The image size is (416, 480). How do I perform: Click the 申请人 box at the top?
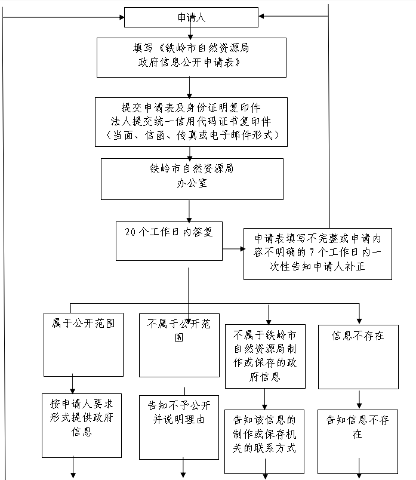pyautogui.click(x=191, y=17)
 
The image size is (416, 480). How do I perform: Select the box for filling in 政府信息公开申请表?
pyautogui.click(x=192, y=57)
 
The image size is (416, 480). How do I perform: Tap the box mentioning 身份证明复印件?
pyautogui.click(x=191, y=122)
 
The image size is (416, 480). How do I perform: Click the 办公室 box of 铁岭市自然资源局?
pyautogui.click(x=192, y=179)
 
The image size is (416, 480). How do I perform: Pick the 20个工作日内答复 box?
pyautogui.click(x=169, y=241)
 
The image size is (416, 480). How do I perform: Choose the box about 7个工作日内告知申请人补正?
pyautogui.click(x=318, y=254)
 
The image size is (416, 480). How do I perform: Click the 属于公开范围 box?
pyautogui.click(x=84, y=344)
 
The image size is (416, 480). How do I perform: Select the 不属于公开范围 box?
pyautogui.click(x=180, y=345)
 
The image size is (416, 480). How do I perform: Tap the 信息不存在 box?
pyautogui.click(x=359, y=357)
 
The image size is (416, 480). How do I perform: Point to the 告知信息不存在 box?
pyautogui.click(x=358, y=442)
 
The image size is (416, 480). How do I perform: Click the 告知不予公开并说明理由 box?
pyautogui.click(x=179, y=427)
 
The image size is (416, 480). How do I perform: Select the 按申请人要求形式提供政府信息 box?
pyautogui.click(x=82, y=426)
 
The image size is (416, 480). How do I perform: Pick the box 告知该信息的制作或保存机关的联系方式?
pyautogui.click(x=264, y=442)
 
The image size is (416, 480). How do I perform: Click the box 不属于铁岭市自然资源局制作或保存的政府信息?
pyautogui.click(x=266, y=356)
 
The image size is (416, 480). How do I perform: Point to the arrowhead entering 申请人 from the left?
pyautogui.click(x=122, y=17)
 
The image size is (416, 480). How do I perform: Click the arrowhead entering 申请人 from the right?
pyautogui.click(x=261, y=16)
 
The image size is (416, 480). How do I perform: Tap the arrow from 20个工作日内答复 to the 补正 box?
pyautogui.click(x=234, y=249)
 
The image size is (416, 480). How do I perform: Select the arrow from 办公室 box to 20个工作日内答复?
pyautogui.click(x=189, y=211)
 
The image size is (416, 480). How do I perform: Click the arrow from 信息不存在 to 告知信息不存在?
pyautogui.click(x=359, y=399)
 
